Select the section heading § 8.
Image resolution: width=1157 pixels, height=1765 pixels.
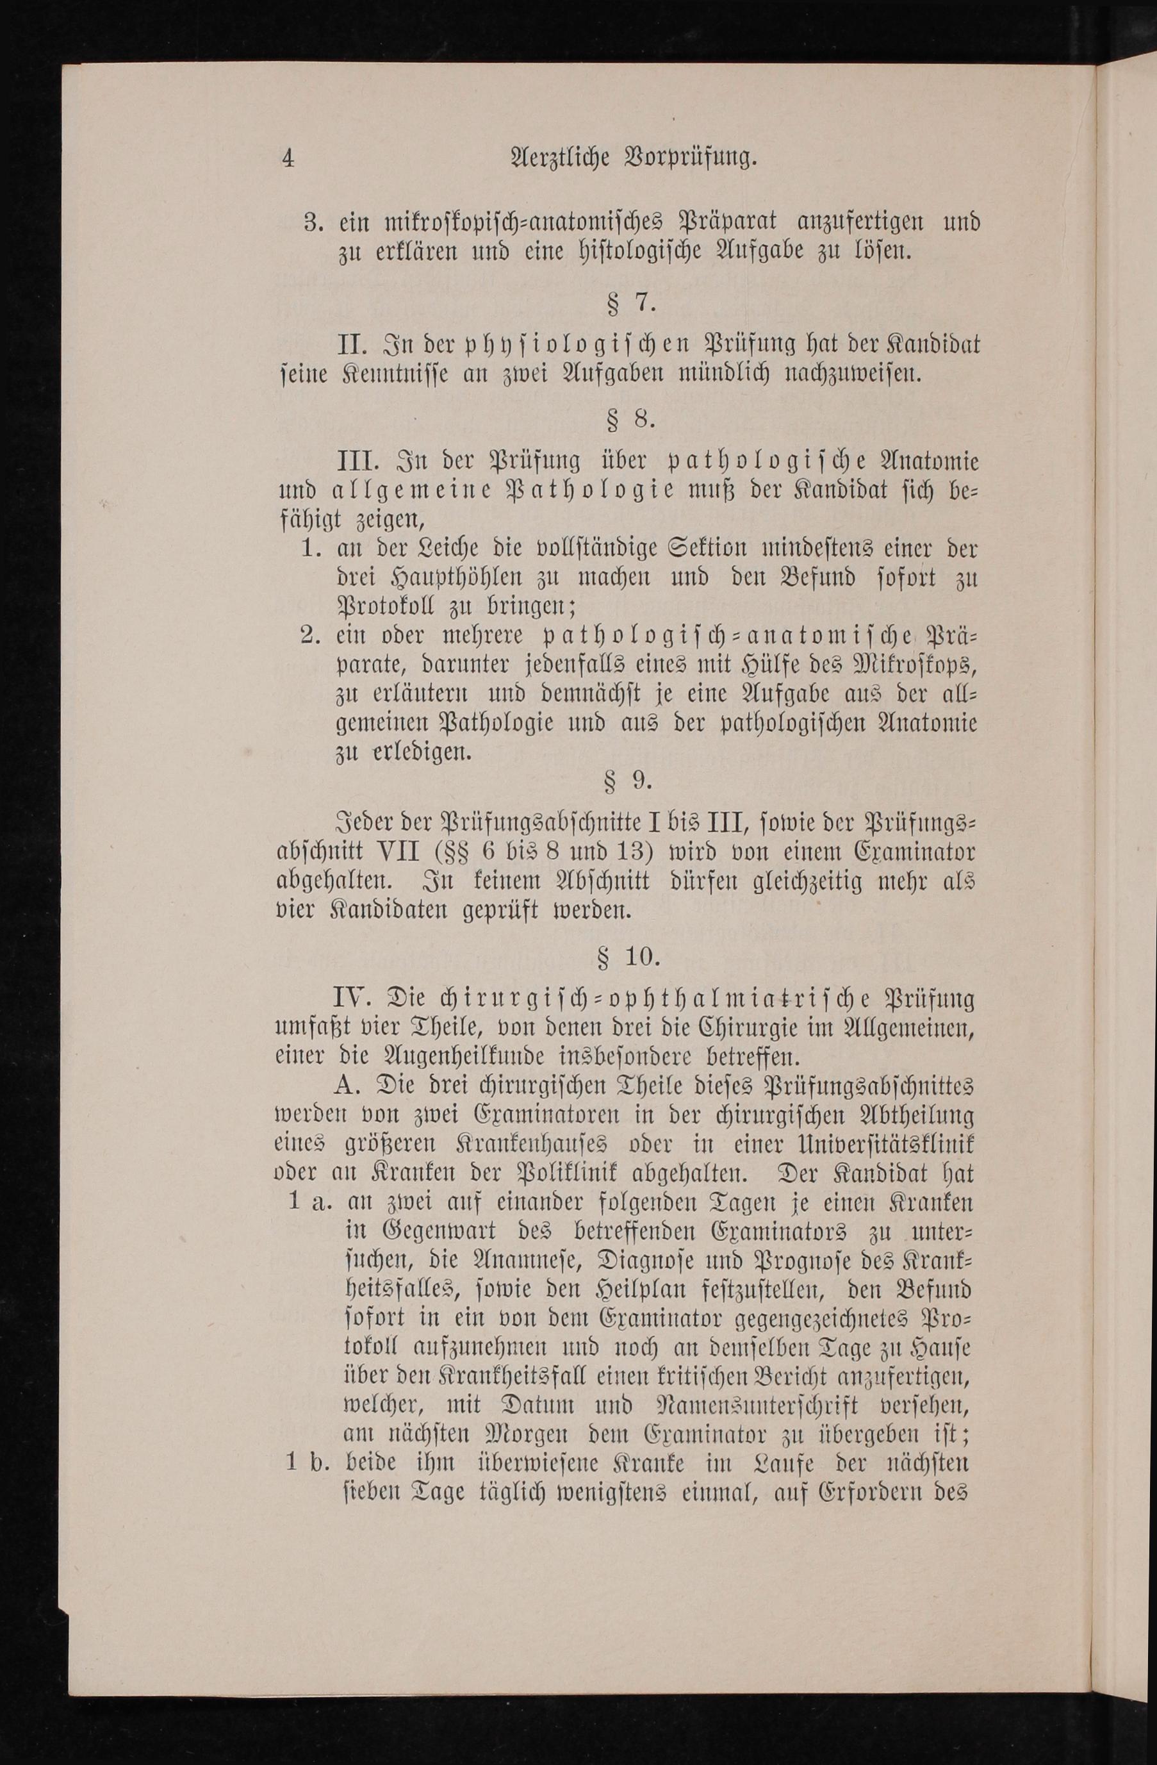(632, 420)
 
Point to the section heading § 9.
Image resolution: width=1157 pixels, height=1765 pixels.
(629, 780)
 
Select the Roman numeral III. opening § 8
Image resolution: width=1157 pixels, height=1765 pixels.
(359, 462)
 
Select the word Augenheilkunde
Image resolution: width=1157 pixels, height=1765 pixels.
(444, 1056)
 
